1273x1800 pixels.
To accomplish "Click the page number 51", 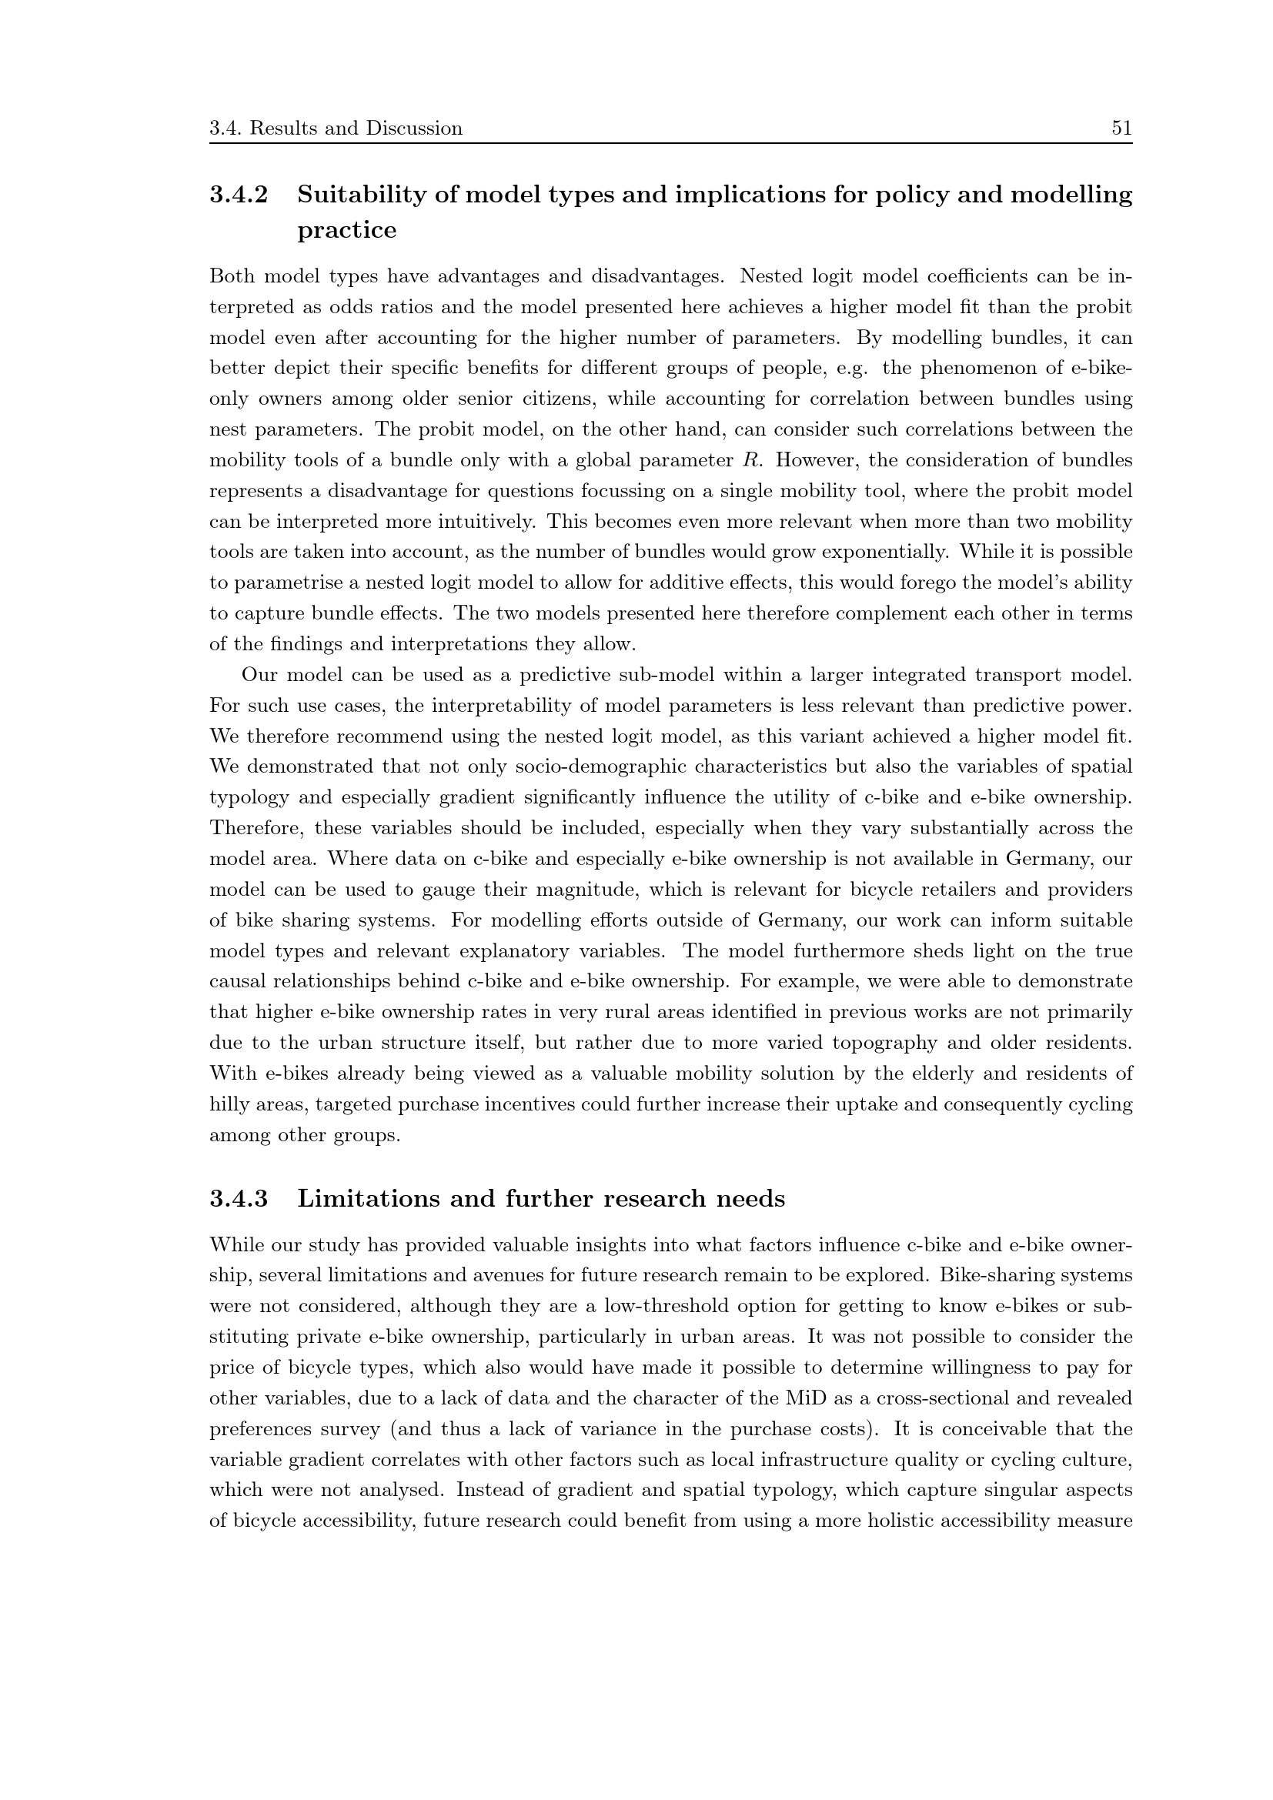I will [x=1121, y=129].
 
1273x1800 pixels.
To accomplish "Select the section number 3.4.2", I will [x=239, y=195].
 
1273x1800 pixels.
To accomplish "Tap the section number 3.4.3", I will [x=239, y=1199].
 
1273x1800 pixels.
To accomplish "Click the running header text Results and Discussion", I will [x=356, y=129].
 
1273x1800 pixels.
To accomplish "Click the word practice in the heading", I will [x=346, y=231].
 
